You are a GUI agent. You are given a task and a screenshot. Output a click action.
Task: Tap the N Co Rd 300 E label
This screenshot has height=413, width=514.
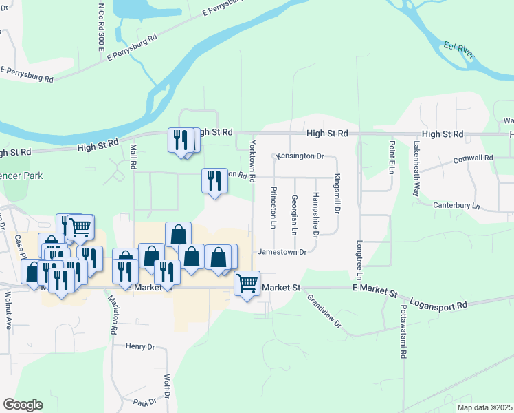pos(100,28)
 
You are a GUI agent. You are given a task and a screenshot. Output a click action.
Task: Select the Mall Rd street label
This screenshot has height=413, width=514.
pos(130,155)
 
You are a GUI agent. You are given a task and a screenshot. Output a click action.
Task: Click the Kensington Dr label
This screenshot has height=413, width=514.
pos(300,156)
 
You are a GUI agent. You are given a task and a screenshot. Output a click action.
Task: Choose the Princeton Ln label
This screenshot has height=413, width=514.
pos(273,207)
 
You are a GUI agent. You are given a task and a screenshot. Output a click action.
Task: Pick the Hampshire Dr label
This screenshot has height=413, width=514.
pos(315,215)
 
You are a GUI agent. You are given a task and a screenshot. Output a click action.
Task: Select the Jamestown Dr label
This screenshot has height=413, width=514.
pos(282,252)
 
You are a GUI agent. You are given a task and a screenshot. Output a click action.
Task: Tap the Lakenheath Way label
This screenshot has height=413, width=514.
pos(416,169)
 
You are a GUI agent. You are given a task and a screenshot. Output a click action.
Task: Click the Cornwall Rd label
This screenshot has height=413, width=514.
pos(473,158)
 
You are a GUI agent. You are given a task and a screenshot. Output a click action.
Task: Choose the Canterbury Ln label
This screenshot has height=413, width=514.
pos(456,205)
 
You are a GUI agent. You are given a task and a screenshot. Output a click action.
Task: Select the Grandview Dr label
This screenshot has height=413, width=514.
pos(324,310)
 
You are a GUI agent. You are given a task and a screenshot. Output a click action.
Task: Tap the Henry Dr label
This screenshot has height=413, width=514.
pos(141,346)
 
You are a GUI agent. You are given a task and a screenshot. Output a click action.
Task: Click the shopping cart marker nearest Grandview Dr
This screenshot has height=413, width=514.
pos(247,282)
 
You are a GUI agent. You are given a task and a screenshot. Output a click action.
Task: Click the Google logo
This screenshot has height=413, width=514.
pos(23,405)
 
